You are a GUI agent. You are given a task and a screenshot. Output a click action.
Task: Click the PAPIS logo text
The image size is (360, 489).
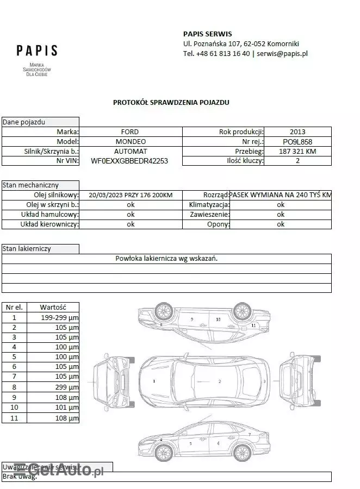[37, 51]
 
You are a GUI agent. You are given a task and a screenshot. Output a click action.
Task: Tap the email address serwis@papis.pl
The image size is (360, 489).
[282, 53]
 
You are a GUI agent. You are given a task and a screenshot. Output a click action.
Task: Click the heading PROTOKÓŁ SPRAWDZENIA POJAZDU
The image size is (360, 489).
[171, 102]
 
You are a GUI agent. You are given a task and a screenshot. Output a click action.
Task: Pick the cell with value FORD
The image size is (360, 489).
[130, 131]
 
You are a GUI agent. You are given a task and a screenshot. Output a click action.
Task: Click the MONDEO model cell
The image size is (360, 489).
[130, 141]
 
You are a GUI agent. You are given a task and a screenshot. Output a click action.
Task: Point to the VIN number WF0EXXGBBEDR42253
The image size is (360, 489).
[129, 161]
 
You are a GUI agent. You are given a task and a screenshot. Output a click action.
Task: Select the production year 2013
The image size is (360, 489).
[297, 131]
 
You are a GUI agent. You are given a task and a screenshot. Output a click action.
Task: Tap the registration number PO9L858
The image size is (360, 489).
[297, 141]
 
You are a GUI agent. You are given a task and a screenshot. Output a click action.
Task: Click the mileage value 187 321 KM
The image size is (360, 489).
[297, 151]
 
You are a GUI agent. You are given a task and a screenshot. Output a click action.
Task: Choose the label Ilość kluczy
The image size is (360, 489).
[245, 161]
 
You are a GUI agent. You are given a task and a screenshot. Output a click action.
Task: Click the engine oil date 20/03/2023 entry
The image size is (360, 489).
[131, 195]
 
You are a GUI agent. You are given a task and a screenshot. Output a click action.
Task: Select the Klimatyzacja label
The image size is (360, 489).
[209, 205]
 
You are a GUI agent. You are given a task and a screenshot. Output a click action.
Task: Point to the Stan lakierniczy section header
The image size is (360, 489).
[27, 249]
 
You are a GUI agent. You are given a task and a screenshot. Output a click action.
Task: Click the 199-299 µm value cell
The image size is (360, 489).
[60, 317]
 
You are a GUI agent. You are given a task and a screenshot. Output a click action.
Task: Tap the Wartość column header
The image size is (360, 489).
[53, 307]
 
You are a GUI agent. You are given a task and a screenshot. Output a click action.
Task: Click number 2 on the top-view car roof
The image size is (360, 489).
[220, 381]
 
